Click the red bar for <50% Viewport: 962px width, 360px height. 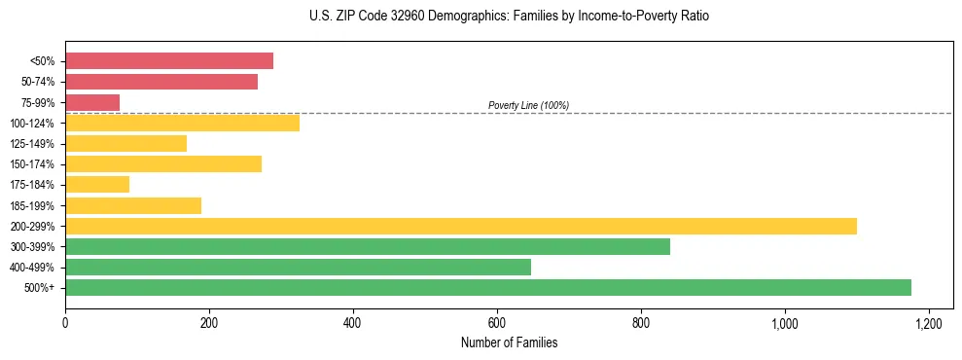pos(169,61)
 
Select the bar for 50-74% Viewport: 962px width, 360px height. pos(161,82)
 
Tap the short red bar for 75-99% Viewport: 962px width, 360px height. pos(92,102)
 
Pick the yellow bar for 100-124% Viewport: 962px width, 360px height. pos(182,123)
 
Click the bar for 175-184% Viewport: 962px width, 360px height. pos(97,184)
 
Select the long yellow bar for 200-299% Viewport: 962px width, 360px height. pos(461,226)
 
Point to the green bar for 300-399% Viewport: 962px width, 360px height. pos(368,246)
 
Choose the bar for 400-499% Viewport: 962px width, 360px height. pos(298,267)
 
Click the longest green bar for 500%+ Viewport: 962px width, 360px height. pos(488,287)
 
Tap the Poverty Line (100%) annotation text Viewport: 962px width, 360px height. pos(528,105)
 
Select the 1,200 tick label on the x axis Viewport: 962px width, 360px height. pos(929,323)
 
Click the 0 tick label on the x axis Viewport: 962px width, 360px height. pos(65,323)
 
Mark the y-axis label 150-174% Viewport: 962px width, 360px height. pos(32,164)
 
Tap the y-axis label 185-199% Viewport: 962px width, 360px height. pos(32,205)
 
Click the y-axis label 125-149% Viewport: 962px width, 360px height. pos(32,144)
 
